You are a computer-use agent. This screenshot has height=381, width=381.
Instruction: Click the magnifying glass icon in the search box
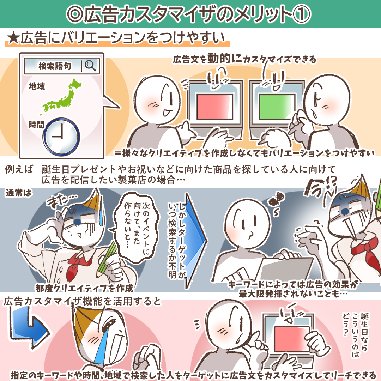[90, 65]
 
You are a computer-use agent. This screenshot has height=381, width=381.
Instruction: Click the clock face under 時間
[61, 137]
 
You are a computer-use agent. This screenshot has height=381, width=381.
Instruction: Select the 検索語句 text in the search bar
[55, 66]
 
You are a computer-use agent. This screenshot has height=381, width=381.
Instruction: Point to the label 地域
[37, 86]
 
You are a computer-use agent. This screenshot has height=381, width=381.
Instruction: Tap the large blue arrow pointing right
[194, 241]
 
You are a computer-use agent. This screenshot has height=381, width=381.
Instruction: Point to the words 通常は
[18, 193]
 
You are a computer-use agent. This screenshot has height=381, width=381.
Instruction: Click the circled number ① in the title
[302, 14]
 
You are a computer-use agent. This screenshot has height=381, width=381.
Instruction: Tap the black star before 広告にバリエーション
[13, 39]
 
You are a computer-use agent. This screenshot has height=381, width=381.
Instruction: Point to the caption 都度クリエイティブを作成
[84, 288]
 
